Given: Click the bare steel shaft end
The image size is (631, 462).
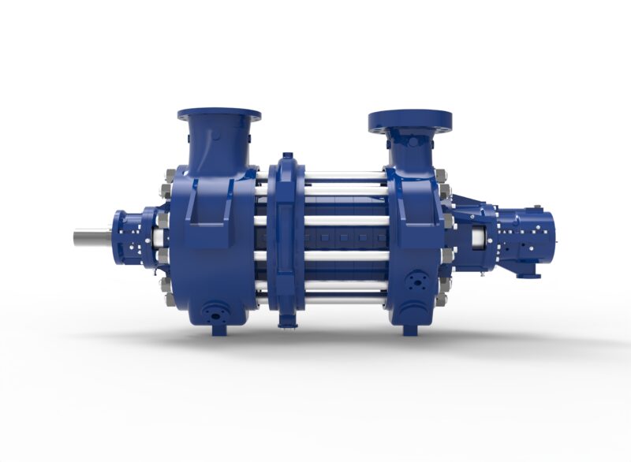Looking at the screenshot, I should [91, 236].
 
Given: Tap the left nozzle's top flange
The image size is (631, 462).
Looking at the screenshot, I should [218, 114].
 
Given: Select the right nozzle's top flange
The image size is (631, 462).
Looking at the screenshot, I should [409, 121].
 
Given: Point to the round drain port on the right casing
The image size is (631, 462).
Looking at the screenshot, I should [416, 282].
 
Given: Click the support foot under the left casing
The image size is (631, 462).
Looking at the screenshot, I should [218, 330].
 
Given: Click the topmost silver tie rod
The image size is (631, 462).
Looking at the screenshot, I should [345, 176].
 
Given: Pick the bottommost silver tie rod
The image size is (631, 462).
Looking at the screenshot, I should [345, 299].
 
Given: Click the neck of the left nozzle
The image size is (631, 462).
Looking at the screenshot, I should [216, 147].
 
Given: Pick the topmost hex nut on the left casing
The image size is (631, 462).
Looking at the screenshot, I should [168, 189].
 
